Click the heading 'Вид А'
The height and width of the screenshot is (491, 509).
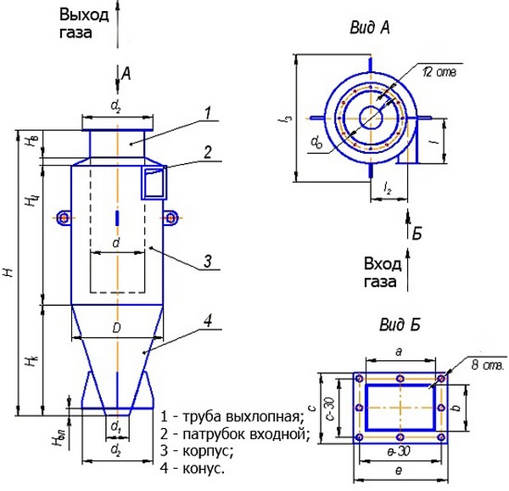369,29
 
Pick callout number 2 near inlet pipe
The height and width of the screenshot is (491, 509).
206,152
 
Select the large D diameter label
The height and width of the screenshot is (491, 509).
115,327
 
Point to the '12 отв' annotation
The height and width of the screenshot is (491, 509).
439,73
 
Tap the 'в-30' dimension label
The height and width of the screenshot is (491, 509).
399,450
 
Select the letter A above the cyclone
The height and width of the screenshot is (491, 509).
126,74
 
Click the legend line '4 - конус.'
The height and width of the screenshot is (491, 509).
193,467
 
